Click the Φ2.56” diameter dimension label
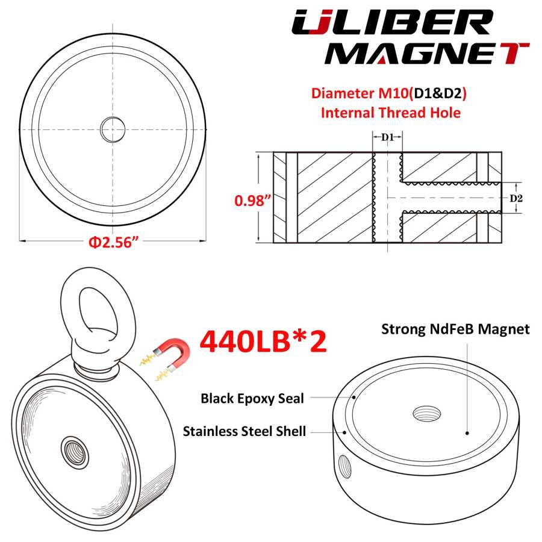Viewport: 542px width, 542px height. [113, 242]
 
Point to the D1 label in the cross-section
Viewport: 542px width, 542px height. [387, 137]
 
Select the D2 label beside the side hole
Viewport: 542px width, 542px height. [517, 198]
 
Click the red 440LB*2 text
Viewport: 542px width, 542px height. [263, 342]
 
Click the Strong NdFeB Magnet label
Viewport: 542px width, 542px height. [455, 329]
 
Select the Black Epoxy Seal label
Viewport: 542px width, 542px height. [252, 399]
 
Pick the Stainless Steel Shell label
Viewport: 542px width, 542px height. [245, 431]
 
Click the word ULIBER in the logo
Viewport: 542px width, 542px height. [391, 22]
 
